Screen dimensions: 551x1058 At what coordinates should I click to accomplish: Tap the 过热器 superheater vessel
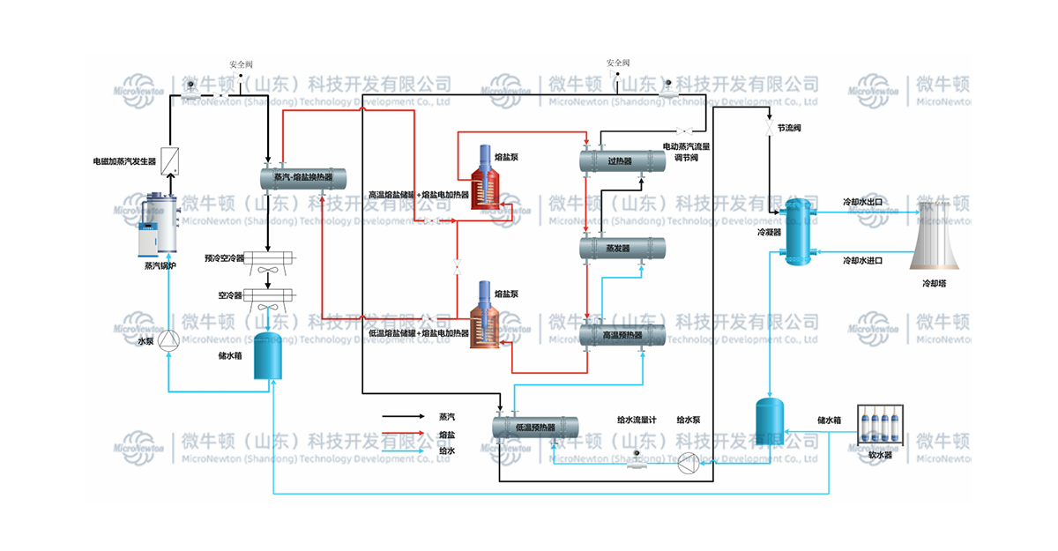(x=622, y=161)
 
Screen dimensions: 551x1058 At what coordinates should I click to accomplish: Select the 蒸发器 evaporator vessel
(x=622, y=249)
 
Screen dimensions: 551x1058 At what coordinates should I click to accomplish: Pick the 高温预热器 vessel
(x=622, y=335)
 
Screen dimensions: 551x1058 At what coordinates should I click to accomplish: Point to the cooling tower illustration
(x=938, y=235)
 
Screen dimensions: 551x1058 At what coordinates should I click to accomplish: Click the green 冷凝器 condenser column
(x=799, y=232)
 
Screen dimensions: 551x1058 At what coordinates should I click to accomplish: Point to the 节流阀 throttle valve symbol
(x=770, y=129)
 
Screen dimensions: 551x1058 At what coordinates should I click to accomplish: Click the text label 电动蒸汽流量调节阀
(x=687, y=152)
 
